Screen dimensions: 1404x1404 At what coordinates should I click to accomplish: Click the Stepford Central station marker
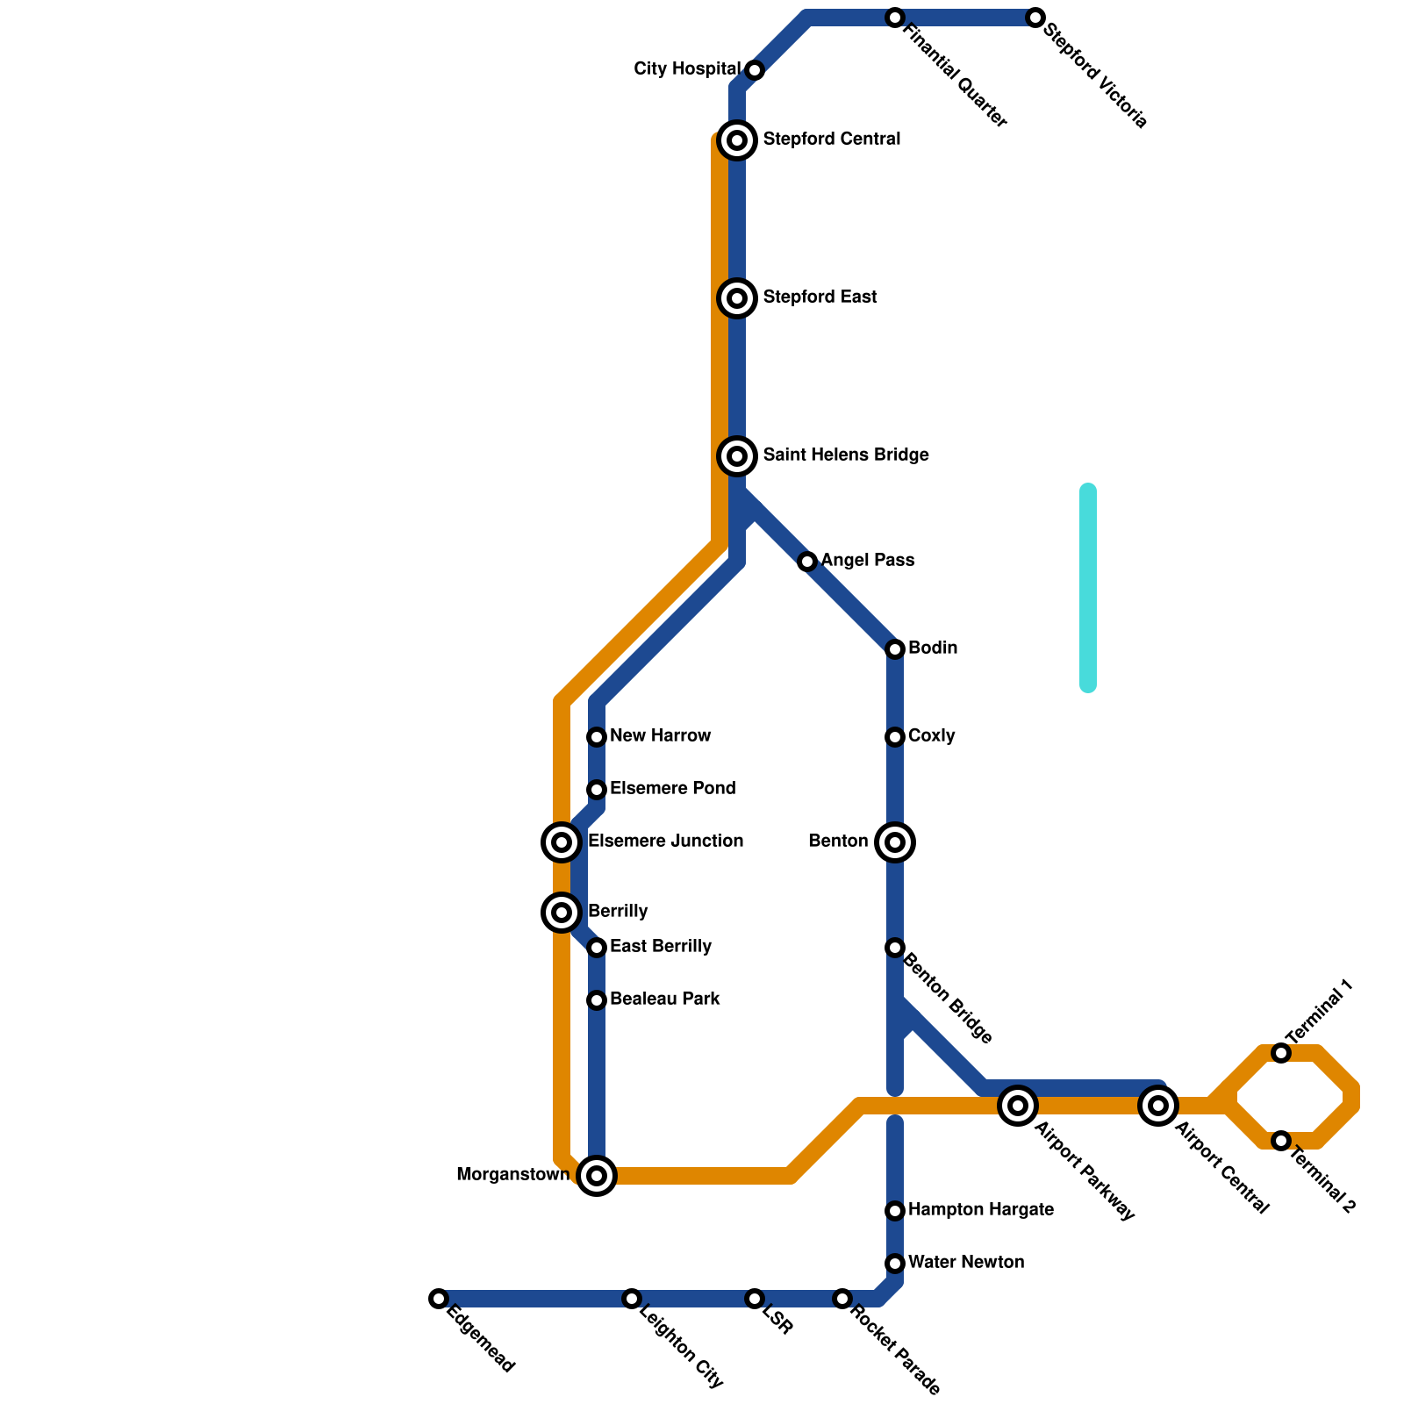point(737,140)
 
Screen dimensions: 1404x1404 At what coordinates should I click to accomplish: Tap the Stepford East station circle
point(737,298)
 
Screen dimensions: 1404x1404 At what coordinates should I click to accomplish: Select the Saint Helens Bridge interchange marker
point(737,456)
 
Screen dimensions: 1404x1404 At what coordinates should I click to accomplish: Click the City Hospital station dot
point(755,70)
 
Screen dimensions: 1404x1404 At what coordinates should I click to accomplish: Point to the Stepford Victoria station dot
point(1035,18)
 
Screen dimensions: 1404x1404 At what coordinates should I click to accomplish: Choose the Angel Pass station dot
point(807,562)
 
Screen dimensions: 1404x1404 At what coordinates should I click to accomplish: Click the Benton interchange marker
point(895,842)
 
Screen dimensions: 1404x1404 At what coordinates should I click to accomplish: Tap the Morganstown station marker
point(597,1176)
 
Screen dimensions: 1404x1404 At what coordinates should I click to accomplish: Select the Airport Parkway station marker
point(1018,1106)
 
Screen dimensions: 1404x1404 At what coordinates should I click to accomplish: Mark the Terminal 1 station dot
point(1281,1053)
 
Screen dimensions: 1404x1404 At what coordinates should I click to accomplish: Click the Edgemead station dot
point(439,1299)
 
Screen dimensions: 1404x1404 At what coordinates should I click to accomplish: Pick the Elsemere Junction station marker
point(562,842)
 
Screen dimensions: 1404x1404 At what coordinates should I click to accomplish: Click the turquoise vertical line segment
point(1088,588)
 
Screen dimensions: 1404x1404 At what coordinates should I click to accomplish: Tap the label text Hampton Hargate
point(980,1210)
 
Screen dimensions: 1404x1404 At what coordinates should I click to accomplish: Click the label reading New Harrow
point(660,736)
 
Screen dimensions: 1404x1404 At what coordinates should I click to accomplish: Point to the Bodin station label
point(933,648)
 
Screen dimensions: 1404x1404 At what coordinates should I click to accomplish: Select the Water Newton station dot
point(895,1264)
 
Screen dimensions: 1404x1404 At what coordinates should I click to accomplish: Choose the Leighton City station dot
point(632,1299)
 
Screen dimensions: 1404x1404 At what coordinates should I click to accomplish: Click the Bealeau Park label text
point(664,999)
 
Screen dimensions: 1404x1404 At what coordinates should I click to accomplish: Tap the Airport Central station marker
point(1158,1106)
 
